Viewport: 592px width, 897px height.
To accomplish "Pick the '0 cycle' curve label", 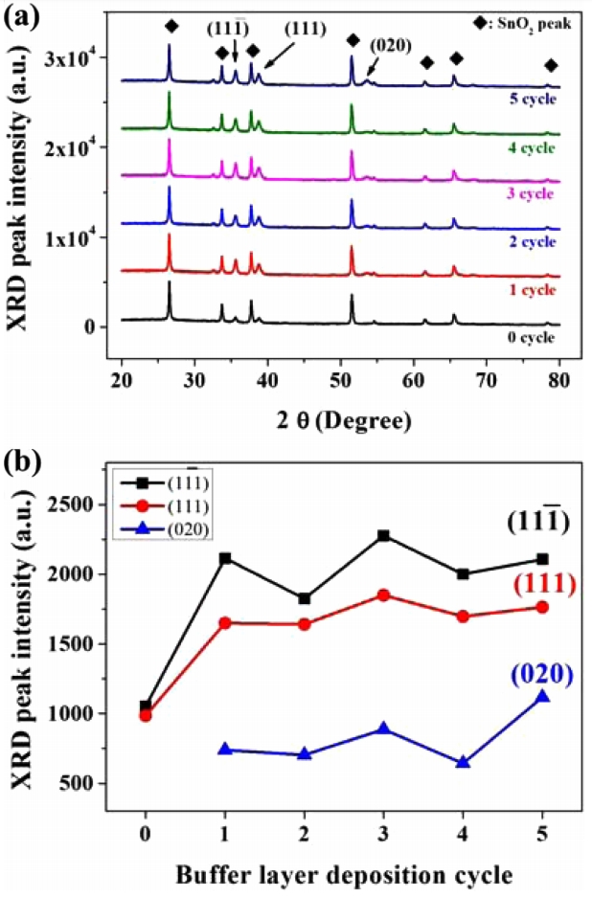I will coord(529,337).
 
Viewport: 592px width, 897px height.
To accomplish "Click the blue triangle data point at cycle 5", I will coord(543,696).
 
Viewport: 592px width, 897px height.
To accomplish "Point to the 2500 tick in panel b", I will coord(82,505).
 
